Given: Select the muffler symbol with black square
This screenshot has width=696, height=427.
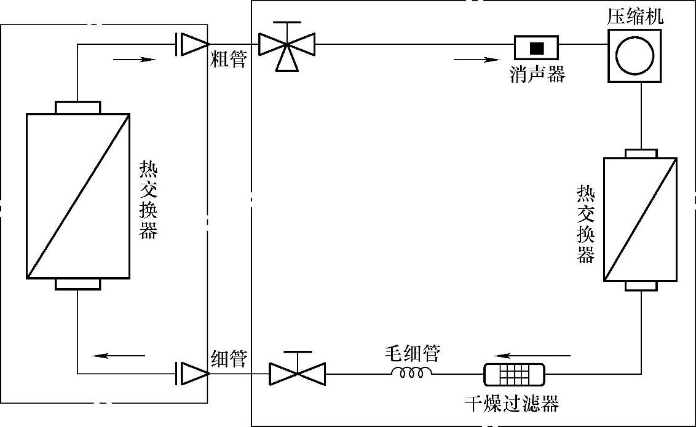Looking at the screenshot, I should click(x=537, y=47).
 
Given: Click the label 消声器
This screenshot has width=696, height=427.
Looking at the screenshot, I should click(x=537, y=74).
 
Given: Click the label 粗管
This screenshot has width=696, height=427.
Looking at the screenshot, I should click(x=229, y=60).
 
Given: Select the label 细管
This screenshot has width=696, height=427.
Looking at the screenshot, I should click(x=229, y=359).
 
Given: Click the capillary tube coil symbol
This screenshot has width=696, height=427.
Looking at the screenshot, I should click(x=412, y=372).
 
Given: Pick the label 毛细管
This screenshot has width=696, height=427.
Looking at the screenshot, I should click(x=412, y=353).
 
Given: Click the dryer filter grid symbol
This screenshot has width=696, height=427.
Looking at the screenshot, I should click(x=514, y=373).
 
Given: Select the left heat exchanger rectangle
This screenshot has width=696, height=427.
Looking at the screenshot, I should click(x=78, y=195).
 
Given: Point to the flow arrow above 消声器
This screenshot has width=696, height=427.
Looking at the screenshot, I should click(x=476, y=60).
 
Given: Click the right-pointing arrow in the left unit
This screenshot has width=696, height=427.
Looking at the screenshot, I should click(x=132, y=60).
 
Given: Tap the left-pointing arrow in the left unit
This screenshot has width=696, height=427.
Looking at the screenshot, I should click(x=123, y=355).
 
